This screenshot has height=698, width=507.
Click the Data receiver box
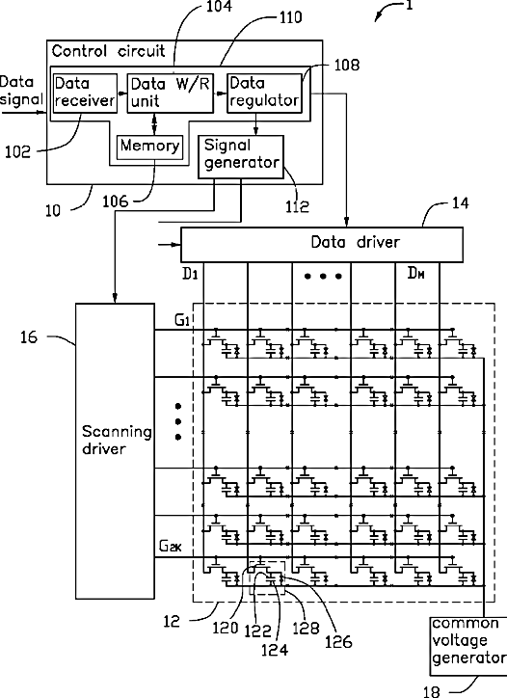[x=85, y=93]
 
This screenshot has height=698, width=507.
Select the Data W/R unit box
[x=171, y=94]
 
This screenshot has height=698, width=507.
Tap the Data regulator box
[x=264, y=94]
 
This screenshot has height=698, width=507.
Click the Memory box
[x=149, y=147]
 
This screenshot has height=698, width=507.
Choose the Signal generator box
[x=241, y=157]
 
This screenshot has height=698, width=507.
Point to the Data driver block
[x=322, y=244]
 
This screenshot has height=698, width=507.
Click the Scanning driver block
[x=116, y=451]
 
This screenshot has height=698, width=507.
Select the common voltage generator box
[x=467, y=646]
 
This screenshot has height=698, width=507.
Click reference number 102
[x=17, y=152]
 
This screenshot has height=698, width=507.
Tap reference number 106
[x=116, y=201]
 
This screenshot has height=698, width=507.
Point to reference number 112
[x=297, y=206]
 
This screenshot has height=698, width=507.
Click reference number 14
[x=461, y=203]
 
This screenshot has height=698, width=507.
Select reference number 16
[x=29, y=337]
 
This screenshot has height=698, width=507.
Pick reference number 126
[x=338, y=642]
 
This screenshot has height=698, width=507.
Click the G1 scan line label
[x=182, y=320]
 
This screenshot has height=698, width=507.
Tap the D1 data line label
[x=190, y=274]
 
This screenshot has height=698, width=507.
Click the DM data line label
[x=415, y=273]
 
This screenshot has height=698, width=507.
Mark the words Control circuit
[x=108, y=51]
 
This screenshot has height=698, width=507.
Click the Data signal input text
[x=21, y=91]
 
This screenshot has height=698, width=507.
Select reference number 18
[x=431, y=691]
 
